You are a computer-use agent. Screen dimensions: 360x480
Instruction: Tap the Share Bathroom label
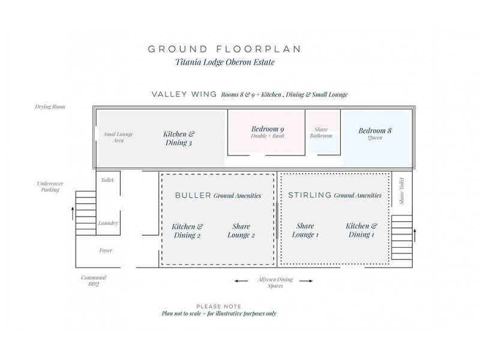[x=321, y=132]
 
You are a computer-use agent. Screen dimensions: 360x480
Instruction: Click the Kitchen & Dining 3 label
[x=179, y=138]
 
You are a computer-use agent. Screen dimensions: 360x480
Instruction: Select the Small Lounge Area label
[x=118, y=137]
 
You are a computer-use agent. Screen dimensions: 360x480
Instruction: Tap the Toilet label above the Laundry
[x=107, y=179]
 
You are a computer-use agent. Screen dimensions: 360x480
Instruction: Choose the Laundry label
[x=108, y=223]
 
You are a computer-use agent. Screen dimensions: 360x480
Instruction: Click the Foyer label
[x=106, y=250]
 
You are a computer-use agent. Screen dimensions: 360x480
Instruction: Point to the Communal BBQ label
[x=94, y=281]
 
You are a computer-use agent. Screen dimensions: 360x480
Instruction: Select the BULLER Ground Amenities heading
[x=218, y=196]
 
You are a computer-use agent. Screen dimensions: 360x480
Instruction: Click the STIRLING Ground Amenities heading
[x=335, y=195]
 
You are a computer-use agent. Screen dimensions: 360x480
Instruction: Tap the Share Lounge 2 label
[x=241, y=230]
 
